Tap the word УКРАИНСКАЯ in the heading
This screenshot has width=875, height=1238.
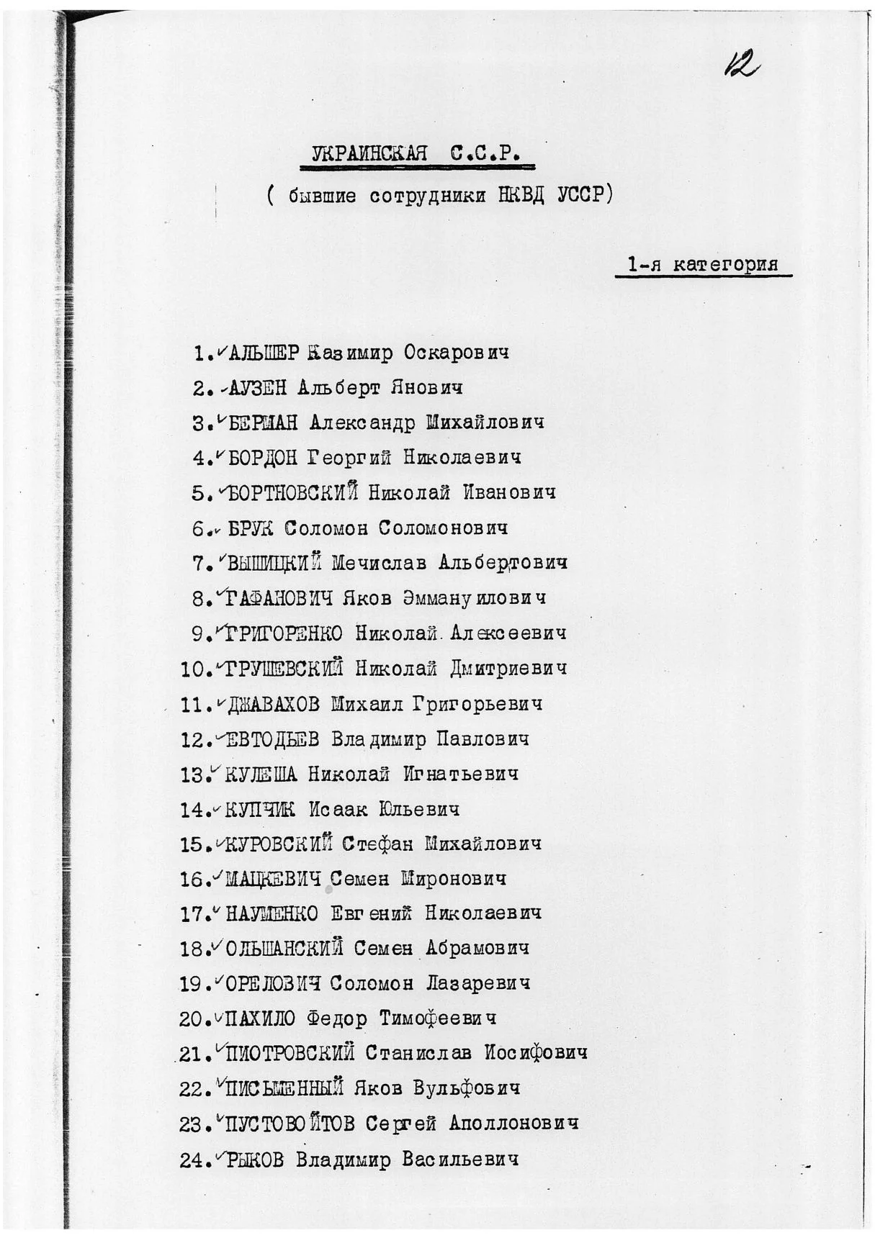click(x=369, y=153)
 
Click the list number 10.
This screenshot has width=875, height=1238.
click(x=193, y=669)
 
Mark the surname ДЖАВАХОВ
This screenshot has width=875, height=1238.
click(x=273, y=704)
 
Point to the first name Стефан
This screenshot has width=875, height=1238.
click(x=377, y=844)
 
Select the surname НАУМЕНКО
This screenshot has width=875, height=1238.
click(x=272, y=915)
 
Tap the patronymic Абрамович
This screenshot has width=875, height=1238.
click(x=477, y=949)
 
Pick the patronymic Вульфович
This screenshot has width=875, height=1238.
click(x=466, y=1088)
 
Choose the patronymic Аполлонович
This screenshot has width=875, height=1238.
click(x=513, y=1124)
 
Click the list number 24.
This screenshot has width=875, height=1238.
click(x=193, y=1160)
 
